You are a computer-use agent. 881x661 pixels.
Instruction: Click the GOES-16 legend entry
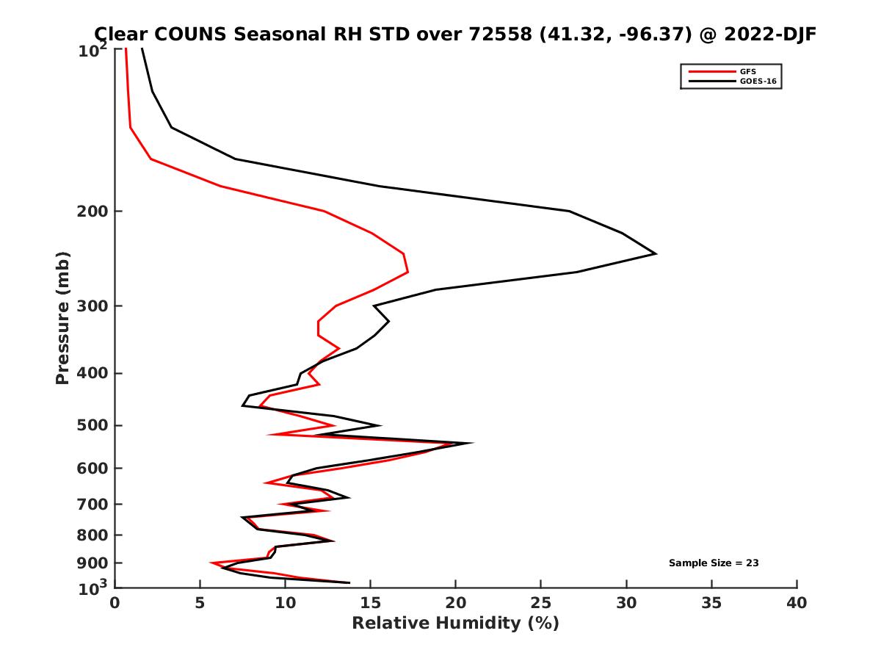click(x=755, y=81)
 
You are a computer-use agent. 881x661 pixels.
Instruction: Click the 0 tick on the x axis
click(x=115, y=603)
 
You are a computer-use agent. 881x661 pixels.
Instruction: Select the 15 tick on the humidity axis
click(x=371, y=603)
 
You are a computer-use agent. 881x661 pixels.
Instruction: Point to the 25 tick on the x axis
click(x=541, y=603)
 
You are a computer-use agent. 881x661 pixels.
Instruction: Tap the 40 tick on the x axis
click(x=797, y=603)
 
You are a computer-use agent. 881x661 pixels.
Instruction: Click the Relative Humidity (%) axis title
click(x=455, y=624)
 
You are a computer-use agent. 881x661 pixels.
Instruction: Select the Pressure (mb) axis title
click(x=62, y=317)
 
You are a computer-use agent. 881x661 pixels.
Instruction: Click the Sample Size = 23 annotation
click(x=713, y=563)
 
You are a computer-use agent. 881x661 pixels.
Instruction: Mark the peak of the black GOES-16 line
click(x=655, y=254)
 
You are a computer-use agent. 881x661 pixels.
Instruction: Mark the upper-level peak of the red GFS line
click(x=407, y=272)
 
